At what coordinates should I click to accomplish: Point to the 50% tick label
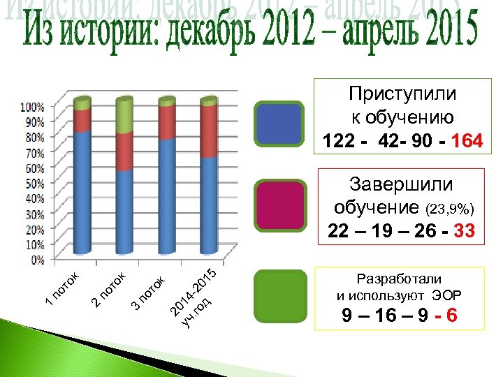[35, 184]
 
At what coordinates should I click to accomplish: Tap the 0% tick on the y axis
[38, 260]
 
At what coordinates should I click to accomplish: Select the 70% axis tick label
[35, 152]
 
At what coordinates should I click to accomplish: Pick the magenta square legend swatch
[279, 204]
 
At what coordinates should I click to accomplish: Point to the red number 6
[452, 316]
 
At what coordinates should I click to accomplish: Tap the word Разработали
[399, 277]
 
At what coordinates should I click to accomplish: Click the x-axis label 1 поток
[64, 288]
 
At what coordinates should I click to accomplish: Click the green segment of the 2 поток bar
[124, 115]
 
